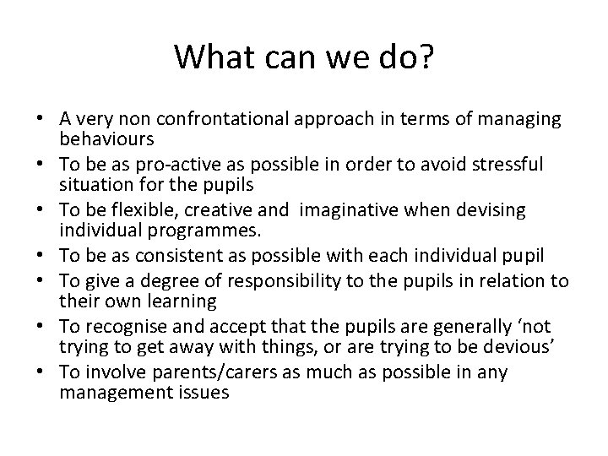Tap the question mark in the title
pyautogui.click(x=426, y=57)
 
